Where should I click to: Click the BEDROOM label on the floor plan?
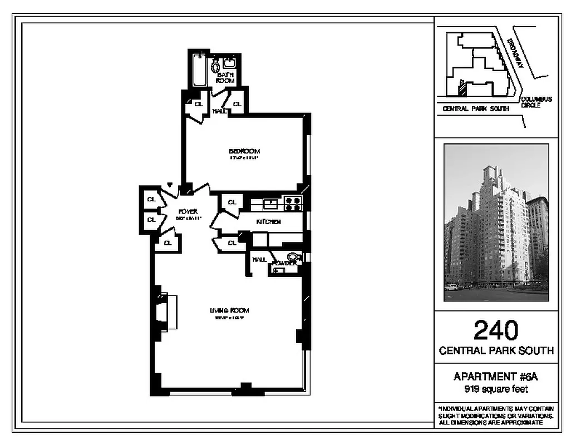(x=244, y=151)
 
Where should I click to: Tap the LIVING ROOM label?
(x=229, y=310)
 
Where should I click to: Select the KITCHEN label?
(x=268, y=222)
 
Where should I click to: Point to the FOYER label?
(x=188, y=212)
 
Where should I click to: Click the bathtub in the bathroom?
(x=199, y=71)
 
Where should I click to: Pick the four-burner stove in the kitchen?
(x=293, y=204)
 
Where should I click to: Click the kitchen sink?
(x=270, y=204)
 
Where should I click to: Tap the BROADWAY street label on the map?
(x=515, y=53)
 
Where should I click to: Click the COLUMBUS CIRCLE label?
(x=536, y=102)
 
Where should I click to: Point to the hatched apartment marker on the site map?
(x=461, y=87)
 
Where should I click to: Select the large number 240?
(x=496, y=330)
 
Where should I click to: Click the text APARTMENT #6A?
(x=496, y=377)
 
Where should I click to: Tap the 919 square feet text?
(x=496, y=389)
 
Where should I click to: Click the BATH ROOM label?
(x=225, y=78)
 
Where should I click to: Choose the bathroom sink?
(x=229, y=63)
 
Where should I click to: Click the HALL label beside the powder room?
(x=259, y=259)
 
